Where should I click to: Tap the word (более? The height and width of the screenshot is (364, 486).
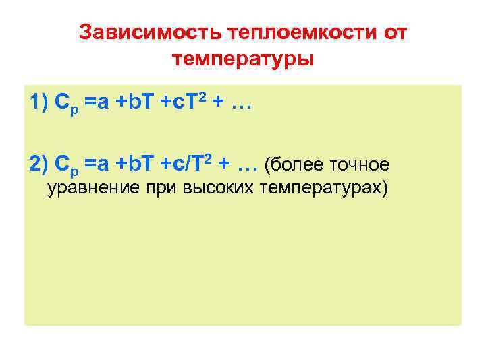(x=294, y=164)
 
